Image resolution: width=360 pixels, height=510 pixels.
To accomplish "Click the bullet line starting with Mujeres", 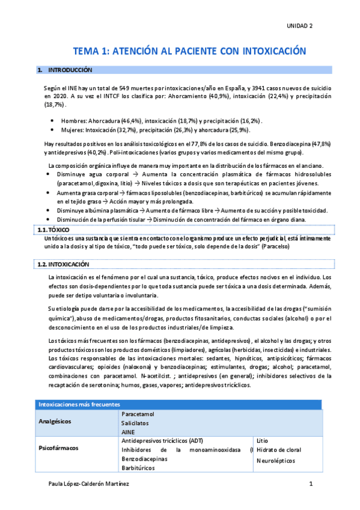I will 156,130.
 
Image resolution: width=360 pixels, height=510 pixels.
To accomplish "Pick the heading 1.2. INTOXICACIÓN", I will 63,264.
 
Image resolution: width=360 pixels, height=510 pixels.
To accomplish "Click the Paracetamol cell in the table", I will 138,414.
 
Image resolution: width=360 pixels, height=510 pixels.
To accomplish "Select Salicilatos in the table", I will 136,423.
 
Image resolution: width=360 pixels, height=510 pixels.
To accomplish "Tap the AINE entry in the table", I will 128,432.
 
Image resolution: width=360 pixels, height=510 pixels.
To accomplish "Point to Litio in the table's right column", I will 262,440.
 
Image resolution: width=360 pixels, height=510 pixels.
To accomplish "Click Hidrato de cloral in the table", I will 278,449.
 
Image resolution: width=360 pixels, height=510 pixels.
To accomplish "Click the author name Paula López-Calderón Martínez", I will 88,484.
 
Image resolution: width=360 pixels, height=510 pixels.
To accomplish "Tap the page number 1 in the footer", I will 311,484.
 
